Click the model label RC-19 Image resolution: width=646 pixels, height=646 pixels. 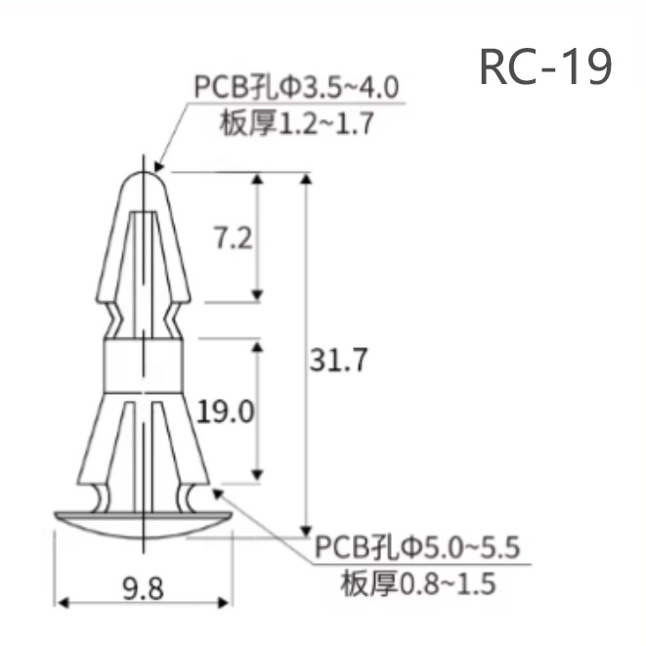[545, 66]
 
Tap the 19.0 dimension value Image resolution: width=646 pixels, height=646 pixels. [226, 411]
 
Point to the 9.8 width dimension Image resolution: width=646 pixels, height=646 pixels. [143, 589]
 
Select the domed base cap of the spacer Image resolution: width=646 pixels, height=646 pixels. [143, 522]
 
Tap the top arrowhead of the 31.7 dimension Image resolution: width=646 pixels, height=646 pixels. [307, 178]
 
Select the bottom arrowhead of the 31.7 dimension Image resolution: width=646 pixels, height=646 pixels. [307, 526]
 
